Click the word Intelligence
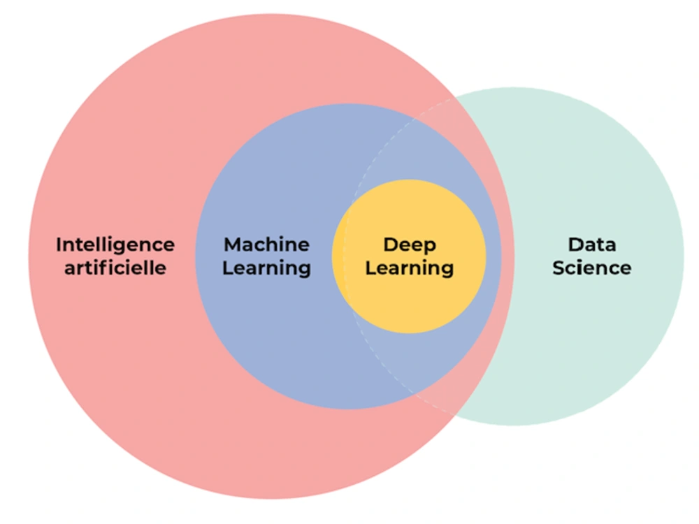point(115,245)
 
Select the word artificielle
point(115,268)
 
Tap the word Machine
point(266,245)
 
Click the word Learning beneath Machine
point(266,268)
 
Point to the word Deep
point(410,245)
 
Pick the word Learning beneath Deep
point(410,268)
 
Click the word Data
point(592,245)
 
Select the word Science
point(592,268)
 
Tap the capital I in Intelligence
point(59,245)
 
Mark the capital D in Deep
point(390,245)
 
